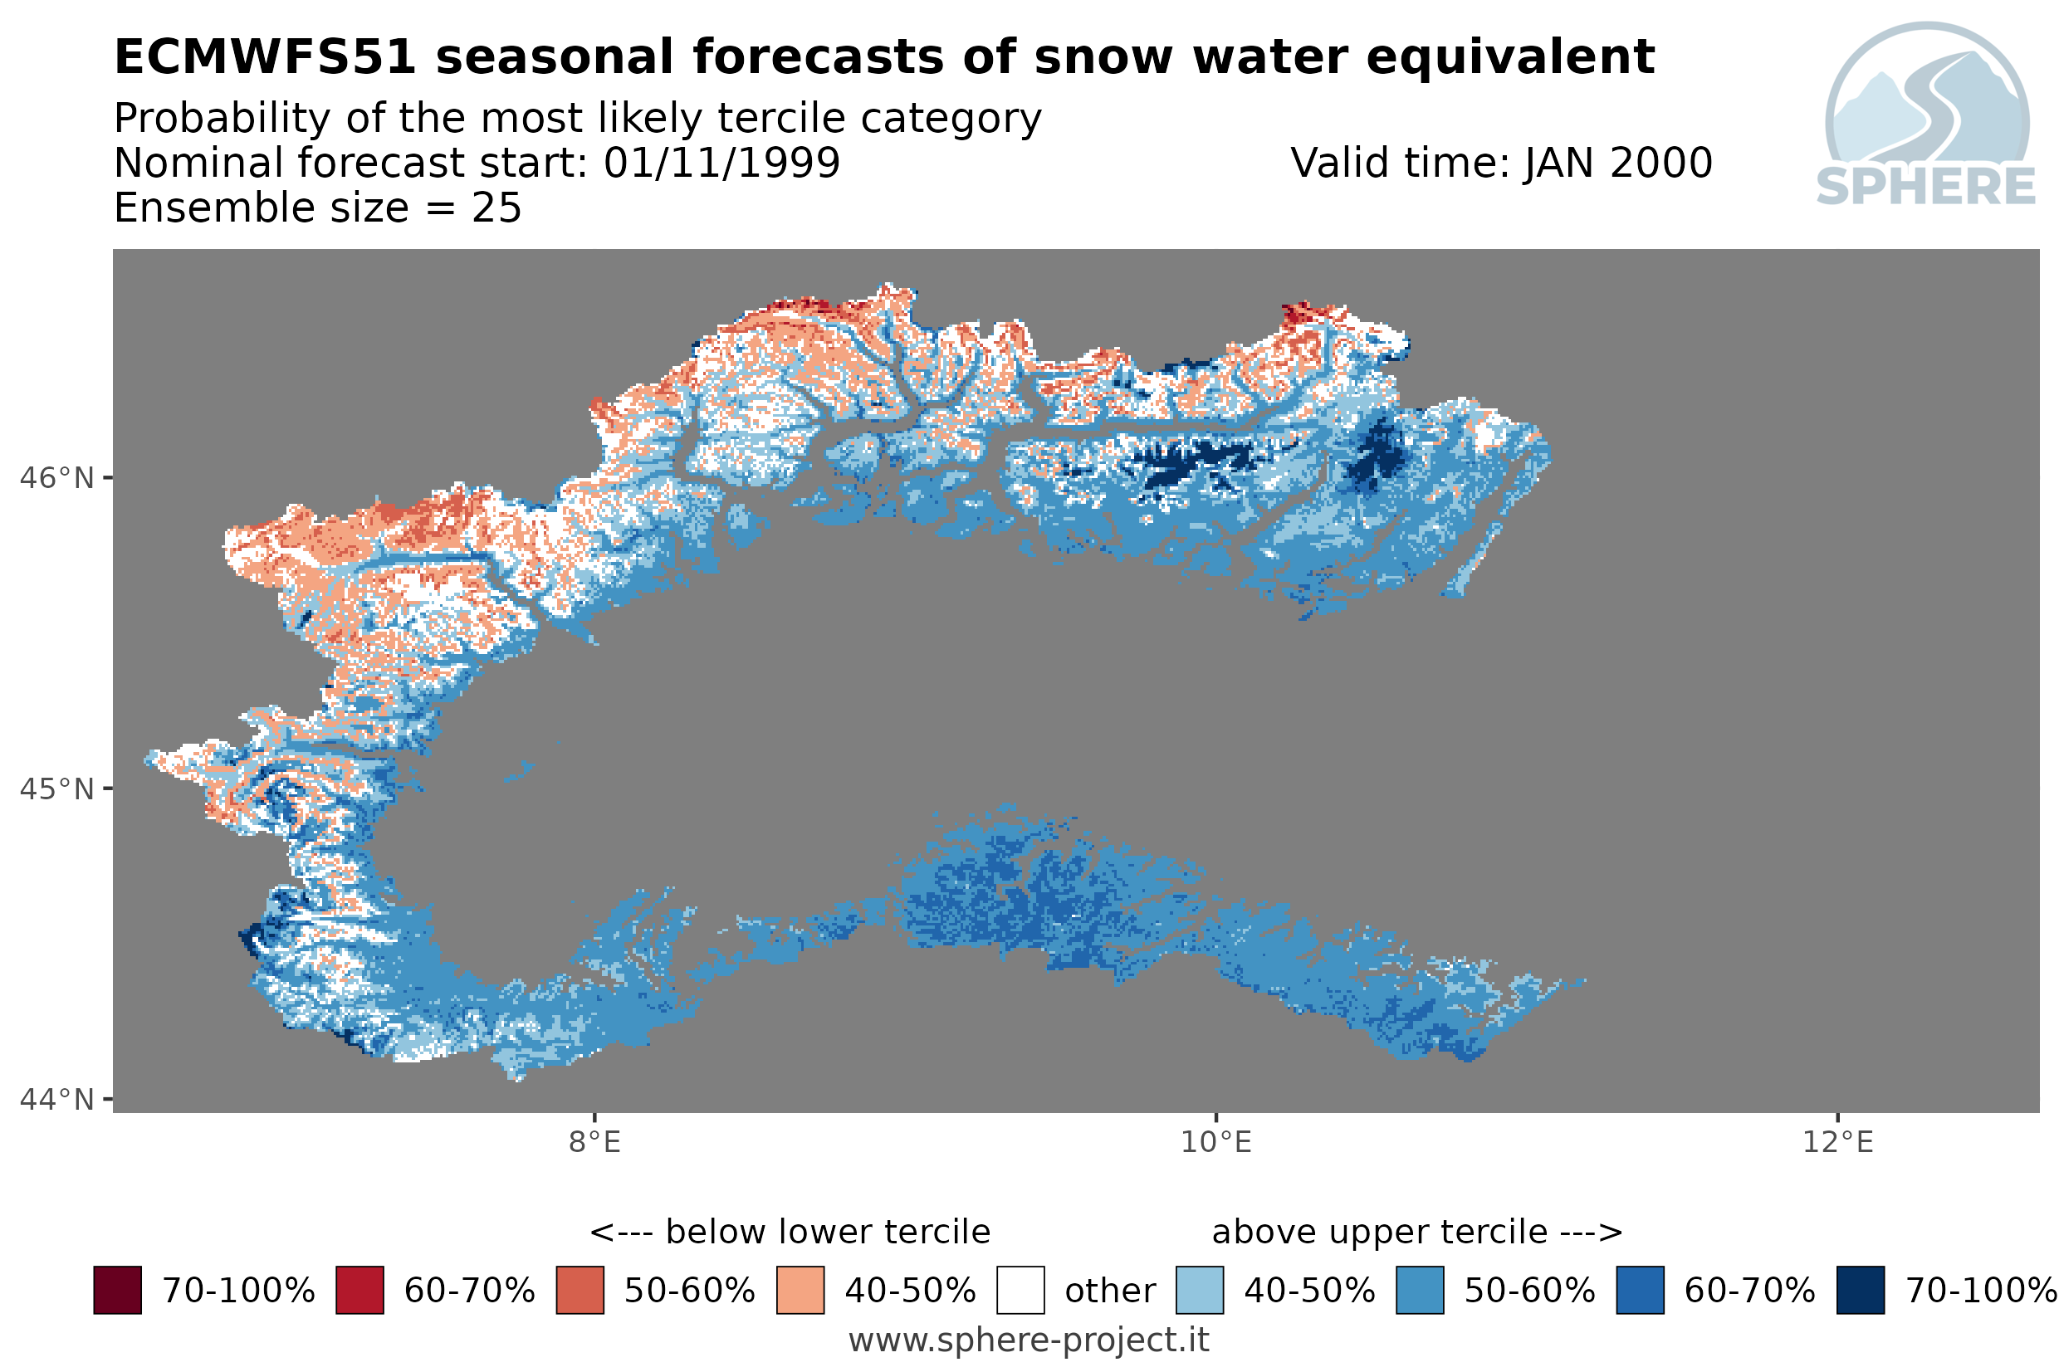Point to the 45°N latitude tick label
tap(56, 789)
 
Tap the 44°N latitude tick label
tap(56, 1098)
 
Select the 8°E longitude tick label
tap(594, 1142)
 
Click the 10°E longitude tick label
tap(1215, 1142)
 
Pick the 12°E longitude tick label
tap(1836, 1142)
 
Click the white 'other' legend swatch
tap(1020, 1290)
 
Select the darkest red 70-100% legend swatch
tap(117, 1290)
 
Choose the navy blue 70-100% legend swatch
tap(1861, 1290)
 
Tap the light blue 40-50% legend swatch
tap(1200, 1290)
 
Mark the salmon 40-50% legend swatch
tap(800, 1290)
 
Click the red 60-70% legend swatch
tap(359, 1290)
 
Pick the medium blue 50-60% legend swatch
tap(1420, 1290)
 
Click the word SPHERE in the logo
tap(1925, 187)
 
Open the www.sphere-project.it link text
tap(1029, 1340)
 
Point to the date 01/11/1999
tap(722, 163)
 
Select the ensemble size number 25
tap(496, 208)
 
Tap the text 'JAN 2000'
tap(1618, 163)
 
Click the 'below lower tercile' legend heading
tap(827, 1232)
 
